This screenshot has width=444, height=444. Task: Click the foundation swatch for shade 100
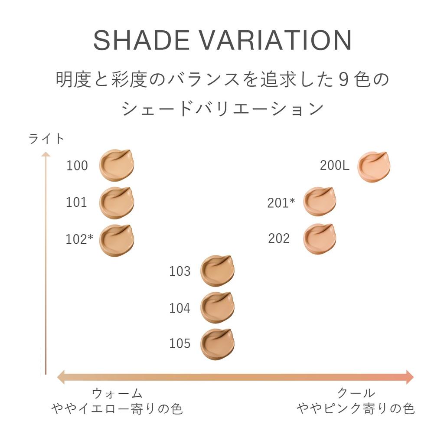[x=116, y=165]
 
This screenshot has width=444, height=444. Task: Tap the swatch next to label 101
[x=116, y=202]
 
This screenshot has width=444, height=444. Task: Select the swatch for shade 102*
[x=116, y=240]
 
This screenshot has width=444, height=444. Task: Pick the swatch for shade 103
[x=217, y=271]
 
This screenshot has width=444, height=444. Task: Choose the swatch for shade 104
[x=217, y=307]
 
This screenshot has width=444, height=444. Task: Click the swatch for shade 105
[x=217, y=344]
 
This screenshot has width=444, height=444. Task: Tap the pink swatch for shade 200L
[x=373, y=166]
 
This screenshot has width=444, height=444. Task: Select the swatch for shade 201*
[x=319, y=202]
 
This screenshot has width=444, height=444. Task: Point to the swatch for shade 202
[x=319, y=238]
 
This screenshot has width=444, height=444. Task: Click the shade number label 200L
[x=334, y=166]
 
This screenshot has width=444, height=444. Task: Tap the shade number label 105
[x=180, y=343]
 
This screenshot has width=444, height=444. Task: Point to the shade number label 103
[x=180, y=271]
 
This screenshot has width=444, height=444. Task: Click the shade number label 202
[x=279, y=238]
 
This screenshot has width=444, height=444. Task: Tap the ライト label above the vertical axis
[x=46, y=139]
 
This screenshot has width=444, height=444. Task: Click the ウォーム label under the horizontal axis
[x=117, y=393]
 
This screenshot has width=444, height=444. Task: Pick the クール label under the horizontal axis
[x=356, y=393]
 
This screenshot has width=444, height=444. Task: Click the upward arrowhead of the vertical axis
[x=46, y=154]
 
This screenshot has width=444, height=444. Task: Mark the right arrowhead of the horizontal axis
[x=409, y=377]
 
